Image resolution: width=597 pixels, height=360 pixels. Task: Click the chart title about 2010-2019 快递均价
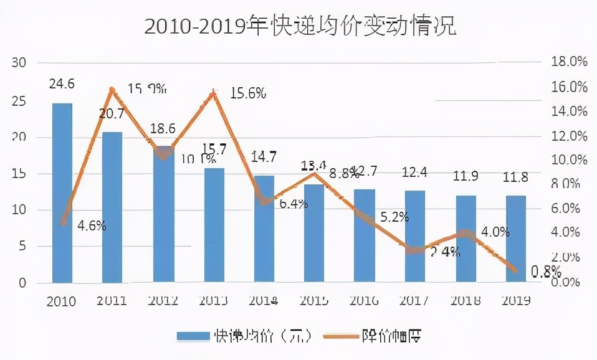pos(299,26)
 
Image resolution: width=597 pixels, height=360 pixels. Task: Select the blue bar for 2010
pos(62,193)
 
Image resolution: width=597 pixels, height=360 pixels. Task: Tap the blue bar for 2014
pos(264,229)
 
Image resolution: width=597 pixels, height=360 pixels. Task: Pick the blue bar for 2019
pos(516,239)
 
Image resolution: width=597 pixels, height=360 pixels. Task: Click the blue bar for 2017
pos(415,237)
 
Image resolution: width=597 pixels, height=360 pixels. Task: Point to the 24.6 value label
pos(62,83)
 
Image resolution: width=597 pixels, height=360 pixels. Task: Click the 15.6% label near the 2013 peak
pos(248,93)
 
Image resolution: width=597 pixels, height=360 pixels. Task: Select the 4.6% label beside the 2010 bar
pos(92,226)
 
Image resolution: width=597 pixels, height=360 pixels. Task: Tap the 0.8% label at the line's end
pos(546,271)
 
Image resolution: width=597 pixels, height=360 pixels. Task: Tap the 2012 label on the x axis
pos(163,301)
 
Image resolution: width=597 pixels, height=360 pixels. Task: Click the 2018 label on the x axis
pos(466,301)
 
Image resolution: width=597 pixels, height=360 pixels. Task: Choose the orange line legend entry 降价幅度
pos(371,336)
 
